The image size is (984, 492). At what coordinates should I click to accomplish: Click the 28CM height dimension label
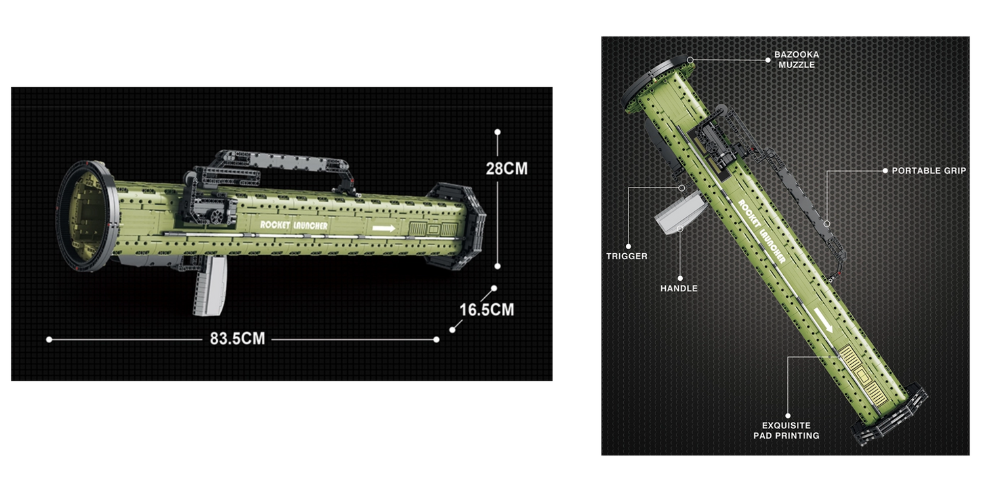pyautogui.click(x=506, y=169)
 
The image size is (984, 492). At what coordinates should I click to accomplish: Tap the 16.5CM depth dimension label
pyautogui.click(x=487, y=310)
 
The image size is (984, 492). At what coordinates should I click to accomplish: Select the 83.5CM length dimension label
pyautogui.click(x=237, y=338)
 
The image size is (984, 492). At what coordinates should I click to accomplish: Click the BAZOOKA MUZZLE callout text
pyautogui.click(x=796, y=59)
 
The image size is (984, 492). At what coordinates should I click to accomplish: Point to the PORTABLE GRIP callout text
pyautogui.click(x=929, y=171)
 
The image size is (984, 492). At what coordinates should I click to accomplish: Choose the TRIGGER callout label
pyautogui.click(x=626, y=256)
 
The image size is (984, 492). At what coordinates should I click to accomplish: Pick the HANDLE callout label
pyautogui.click(x=679, y=288)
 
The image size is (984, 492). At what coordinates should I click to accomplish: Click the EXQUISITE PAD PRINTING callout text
pyautogui.click(x=786, y=430)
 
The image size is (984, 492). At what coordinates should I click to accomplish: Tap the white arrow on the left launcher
pyautogui.click(x=384, y=228)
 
